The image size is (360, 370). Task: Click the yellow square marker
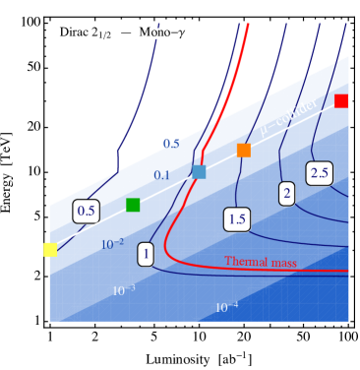pos(50,250)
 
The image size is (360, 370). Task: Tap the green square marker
pos(133,205)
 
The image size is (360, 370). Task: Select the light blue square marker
pos(199,171)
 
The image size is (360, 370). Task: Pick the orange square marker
pos(244,151)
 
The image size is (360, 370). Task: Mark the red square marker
pos(341,100)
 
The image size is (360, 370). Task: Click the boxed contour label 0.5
pos(87,211)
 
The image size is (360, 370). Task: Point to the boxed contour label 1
pos(146,254)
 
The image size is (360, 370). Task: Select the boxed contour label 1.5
pos(236,219)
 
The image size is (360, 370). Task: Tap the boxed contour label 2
pos(287,194)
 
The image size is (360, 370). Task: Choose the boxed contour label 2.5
pos(319,173)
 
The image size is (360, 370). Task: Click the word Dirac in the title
pos(75,33)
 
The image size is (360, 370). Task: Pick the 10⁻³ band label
pos(123,290)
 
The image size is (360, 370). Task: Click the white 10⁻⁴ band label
pos(226,307)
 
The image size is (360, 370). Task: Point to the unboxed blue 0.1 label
pos(161,175)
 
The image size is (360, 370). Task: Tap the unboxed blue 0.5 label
pos(170,144)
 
